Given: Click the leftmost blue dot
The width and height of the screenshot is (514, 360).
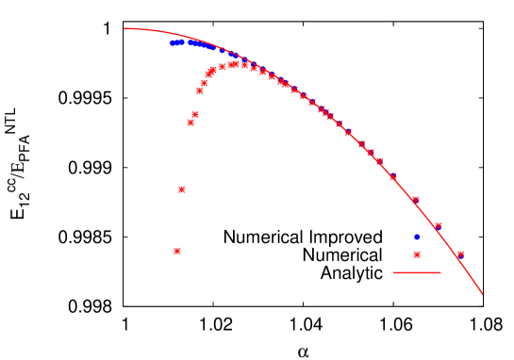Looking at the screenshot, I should [173, 43].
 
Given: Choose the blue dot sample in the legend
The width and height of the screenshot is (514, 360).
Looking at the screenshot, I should [417, 237].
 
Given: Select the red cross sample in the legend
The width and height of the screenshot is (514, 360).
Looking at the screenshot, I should [417, 254].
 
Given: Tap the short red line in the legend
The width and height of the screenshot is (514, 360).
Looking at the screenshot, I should [417, 272].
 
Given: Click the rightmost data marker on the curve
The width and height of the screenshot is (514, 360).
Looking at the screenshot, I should [461, 254].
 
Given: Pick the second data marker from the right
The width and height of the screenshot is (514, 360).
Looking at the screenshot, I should [439, 226].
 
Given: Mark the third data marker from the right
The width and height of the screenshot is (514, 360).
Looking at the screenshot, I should [416, 200].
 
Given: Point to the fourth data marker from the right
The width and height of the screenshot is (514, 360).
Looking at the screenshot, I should [393, 176].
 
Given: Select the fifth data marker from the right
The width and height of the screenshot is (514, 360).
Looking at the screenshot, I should [380, 161].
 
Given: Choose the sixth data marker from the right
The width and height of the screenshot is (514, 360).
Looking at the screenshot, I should [371, 153].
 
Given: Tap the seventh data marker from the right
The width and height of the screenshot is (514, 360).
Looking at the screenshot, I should [361, 144].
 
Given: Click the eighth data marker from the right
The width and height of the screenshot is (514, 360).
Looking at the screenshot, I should [348, 132].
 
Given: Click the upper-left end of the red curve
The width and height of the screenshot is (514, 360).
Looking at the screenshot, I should [124, 28].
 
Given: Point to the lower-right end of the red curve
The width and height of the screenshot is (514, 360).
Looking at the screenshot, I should [483, 294].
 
